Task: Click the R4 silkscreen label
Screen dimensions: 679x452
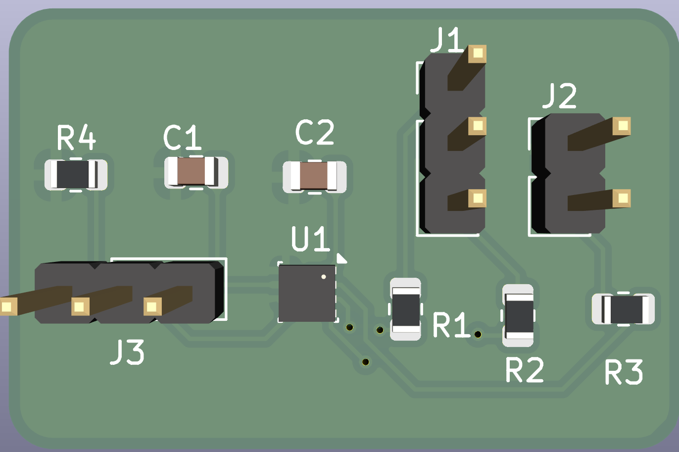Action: [76, 138]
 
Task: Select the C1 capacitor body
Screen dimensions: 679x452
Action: [196, 172]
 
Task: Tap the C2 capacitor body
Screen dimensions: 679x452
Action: [314, 177]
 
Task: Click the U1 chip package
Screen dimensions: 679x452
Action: [307, 293]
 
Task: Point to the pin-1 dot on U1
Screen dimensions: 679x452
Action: [324, 277]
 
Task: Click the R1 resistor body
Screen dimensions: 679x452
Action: [406, 309]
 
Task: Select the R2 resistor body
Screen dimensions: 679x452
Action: [518, 315]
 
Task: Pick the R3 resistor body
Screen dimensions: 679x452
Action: [623, 309]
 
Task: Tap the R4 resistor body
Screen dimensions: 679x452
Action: [76, 175]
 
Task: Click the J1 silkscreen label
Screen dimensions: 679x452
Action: [447, 40]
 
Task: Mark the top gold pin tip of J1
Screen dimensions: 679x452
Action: [478, 54]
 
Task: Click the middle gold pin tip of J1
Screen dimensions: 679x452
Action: [478, 126]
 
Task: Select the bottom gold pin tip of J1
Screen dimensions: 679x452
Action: [478, 198]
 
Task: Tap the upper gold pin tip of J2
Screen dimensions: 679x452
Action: [622, 126]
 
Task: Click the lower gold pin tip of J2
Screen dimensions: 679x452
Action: [622, 198]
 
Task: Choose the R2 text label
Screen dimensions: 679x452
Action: [525, 369]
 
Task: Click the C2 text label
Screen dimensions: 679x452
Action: [315, 132]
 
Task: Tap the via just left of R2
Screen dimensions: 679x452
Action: [478, 334]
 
